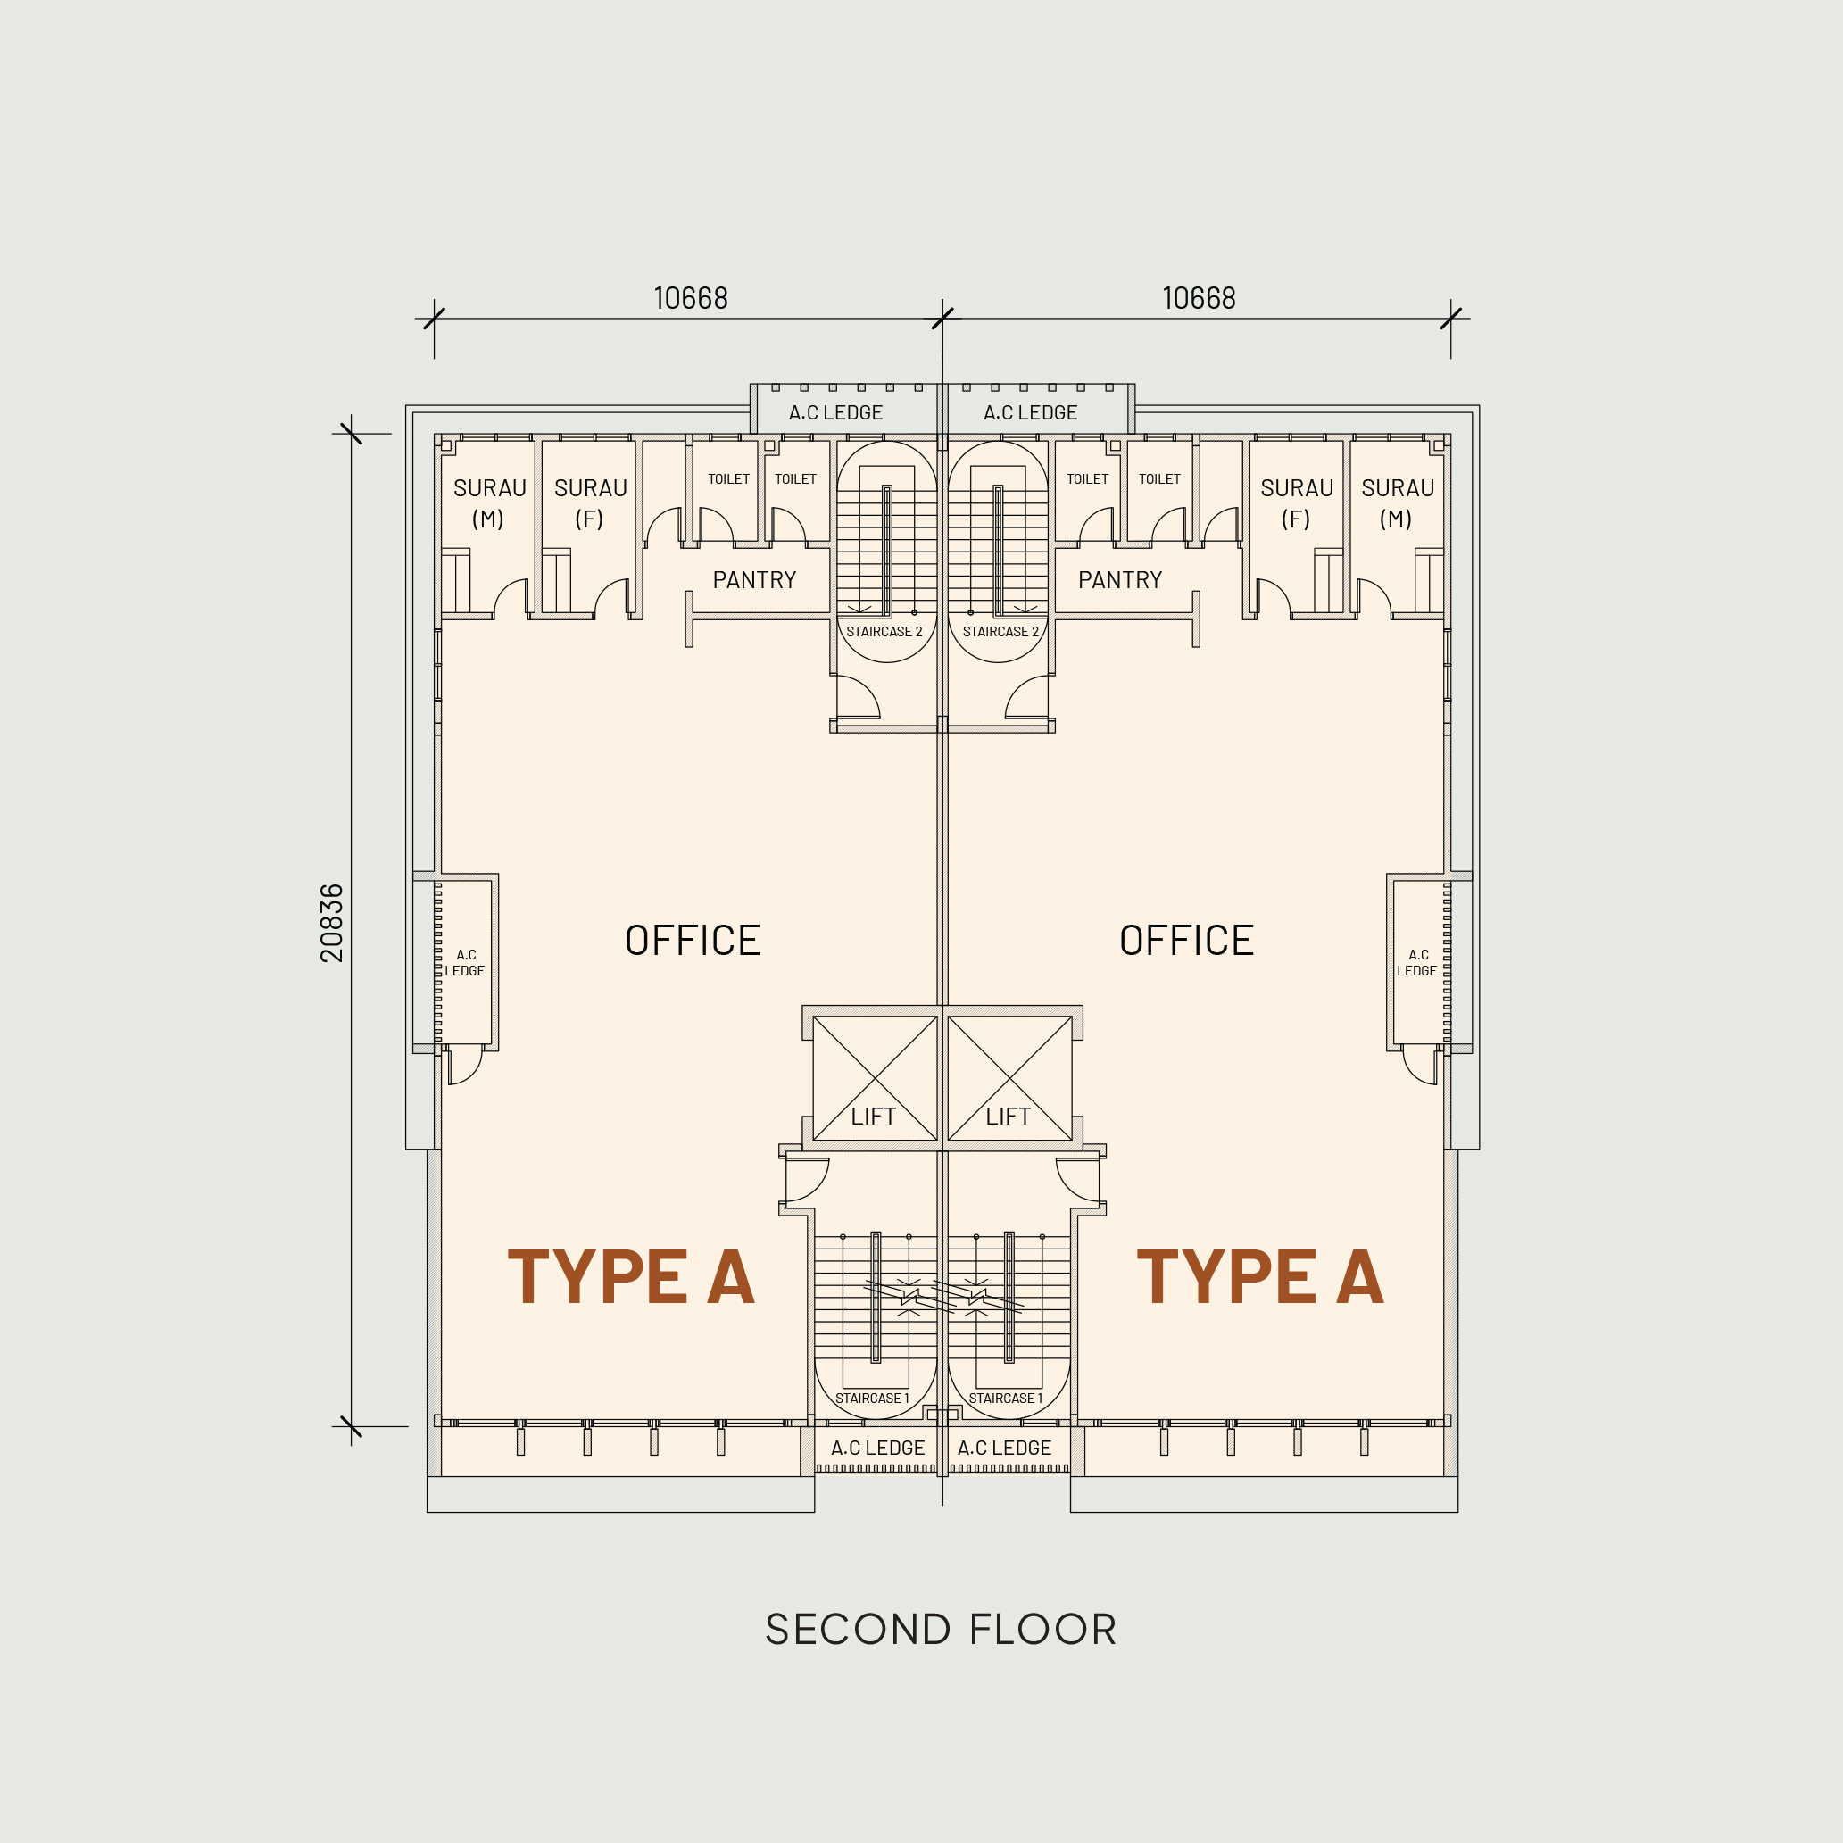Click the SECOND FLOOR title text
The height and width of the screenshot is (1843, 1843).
(941, 1630)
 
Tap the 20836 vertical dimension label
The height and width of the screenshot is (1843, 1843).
(332, 923)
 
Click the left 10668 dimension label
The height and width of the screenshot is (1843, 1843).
(691, 299)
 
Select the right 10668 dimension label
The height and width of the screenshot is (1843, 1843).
(1200, 299)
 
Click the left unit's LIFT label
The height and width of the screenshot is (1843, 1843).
(873, 1117)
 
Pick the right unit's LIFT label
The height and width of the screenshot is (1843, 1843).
(1009, 1117)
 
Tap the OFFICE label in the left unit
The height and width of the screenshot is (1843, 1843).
(693, 941)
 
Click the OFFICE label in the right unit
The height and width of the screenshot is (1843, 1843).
(1187, 941)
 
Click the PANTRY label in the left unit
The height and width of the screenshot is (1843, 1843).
(754, 580)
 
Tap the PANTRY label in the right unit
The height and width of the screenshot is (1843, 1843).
(1120, 580)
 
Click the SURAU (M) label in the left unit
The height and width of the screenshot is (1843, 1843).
(489, 503)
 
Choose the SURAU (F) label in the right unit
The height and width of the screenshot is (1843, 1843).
(1298, 503)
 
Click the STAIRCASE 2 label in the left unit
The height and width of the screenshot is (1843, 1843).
(884, 632)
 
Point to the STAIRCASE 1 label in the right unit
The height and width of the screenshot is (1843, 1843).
(1006, 1399)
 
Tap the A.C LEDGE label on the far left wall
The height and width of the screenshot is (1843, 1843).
(465, 962)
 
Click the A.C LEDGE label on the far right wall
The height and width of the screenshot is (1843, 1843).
(1417, 962)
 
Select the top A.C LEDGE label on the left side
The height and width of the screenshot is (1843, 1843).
(835, 413)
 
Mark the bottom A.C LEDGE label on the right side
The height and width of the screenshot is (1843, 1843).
(1004, 1448)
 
